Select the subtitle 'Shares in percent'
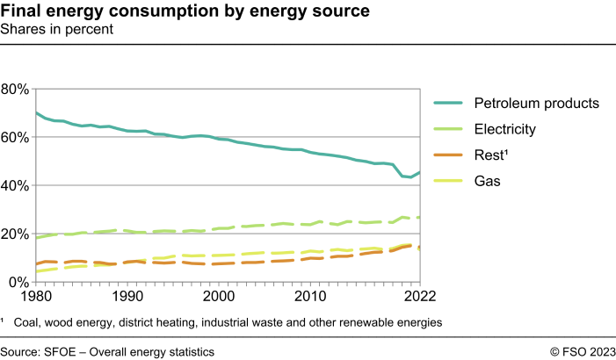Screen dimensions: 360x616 click(57, 29)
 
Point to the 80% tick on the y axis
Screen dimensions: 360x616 click(16, 90)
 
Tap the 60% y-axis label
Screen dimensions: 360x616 click(16, 138)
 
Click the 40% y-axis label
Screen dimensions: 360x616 click(16, 186)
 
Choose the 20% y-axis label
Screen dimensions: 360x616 click(16, 234)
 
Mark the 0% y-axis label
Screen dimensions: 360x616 click(20, 283)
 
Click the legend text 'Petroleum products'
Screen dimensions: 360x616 click(536, 103)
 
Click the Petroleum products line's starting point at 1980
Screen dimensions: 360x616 click(36, 112)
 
